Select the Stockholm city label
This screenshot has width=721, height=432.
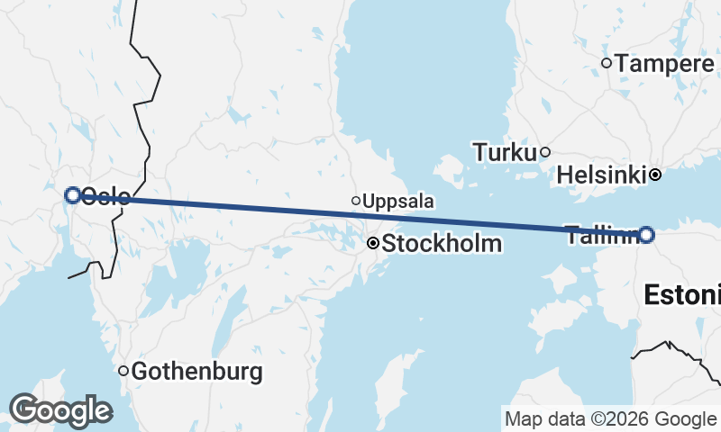442,243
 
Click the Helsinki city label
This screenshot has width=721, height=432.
601,175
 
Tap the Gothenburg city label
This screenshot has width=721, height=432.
197,371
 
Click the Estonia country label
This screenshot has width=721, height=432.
682,294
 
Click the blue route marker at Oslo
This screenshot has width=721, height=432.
73,194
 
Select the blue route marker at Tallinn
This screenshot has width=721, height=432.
646,235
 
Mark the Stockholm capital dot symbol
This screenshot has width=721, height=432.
372,243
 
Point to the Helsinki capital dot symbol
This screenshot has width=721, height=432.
656,175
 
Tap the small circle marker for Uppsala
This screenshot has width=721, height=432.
356,201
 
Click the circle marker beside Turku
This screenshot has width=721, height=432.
545,152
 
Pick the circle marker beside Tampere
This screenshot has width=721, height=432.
607,63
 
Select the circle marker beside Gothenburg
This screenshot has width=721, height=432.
123,371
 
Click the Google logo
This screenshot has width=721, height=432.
59,410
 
